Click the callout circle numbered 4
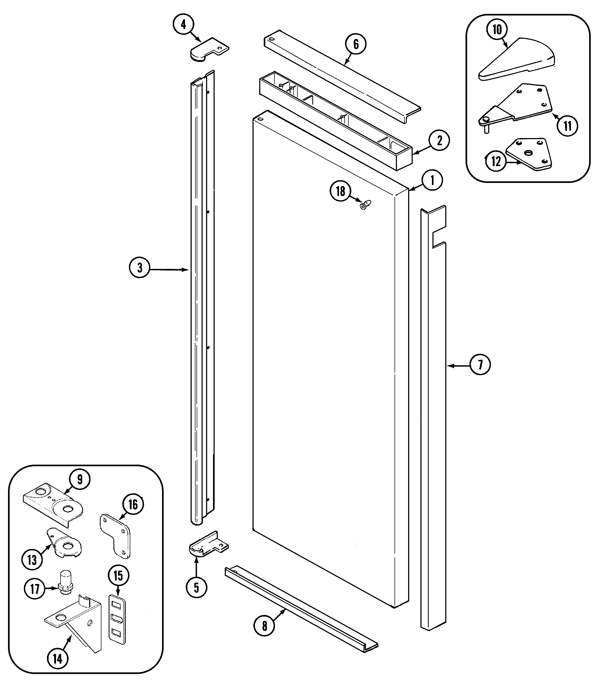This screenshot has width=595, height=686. coord(184,25)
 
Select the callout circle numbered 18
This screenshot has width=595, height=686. coord(340,191)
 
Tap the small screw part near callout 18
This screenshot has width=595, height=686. coord(365,205)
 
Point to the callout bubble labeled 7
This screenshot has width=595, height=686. coord(480,365)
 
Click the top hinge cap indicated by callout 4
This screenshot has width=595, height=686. coord(208,50)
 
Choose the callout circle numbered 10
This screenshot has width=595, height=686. coord(497,30)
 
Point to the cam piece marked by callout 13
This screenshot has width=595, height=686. coord(65,545)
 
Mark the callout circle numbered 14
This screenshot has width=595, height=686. coord(58,658)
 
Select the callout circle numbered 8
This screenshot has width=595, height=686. coord(264,626)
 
